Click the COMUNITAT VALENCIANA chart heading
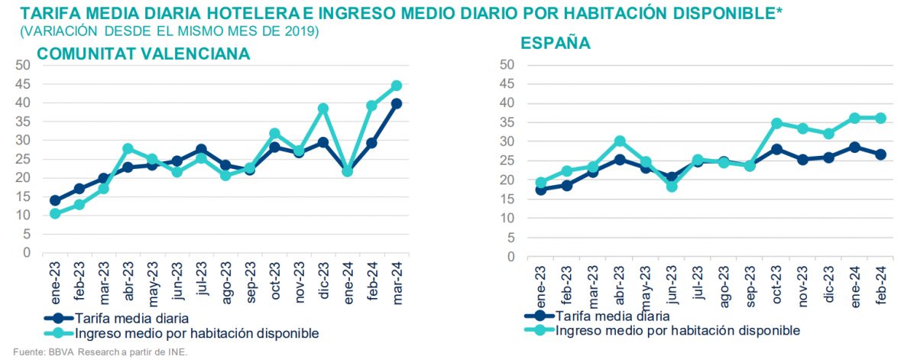144,54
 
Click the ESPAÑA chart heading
556,43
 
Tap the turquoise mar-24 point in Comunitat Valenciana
396,86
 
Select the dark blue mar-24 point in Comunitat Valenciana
396,104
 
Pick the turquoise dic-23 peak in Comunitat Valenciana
323,109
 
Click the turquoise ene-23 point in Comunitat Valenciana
55,214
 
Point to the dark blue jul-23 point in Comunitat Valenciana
201,150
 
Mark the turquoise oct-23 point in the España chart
777,123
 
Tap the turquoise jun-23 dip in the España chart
672,186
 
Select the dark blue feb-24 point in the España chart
880,154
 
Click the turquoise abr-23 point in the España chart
620,141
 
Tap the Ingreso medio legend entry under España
677,330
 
